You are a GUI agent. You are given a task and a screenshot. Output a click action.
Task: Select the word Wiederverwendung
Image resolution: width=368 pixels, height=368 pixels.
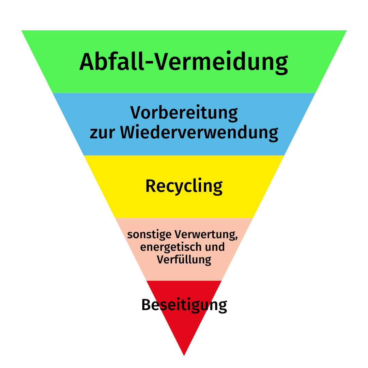click(x=199, y=133)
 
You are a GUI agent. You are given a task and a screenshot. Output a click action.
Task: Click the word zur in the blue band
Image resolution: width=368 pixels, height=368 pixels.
click(x=102, y=134)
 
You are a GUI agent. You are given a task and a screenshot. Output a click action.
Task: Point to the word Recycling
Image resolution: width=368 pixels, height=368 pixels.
click(x=184, y=187)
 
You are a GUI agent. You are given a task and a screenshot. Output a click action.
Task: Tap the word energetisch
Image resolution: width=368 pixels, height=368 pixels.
click(x=171, y=247)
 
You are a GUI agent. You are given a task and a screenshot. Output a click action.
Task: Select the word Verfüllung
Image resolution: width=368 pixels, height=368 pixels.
click(x=184, y=260)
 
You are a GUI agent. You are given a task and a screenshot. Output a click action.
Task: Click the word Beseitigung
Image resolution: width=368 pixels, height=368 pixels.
click(x=184, y=305)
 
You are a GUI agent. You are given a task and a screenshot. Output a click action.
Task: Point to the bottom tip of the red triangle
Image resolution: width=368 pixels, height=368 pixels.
click(x=184, y=355)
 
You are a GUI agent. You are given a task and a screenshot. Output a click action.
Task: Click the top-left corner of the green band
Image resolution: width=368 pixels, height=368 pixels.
click(x=21, y=31)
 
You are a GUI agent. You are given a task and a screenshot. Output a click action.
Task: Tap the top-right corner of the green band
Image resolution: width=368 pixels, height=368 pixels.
click(x=347, y=31)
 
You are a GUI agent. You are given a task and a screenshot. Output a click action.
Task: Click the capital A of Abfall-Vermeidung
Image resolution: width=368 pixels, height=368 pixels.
click(x=87, y=61)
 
